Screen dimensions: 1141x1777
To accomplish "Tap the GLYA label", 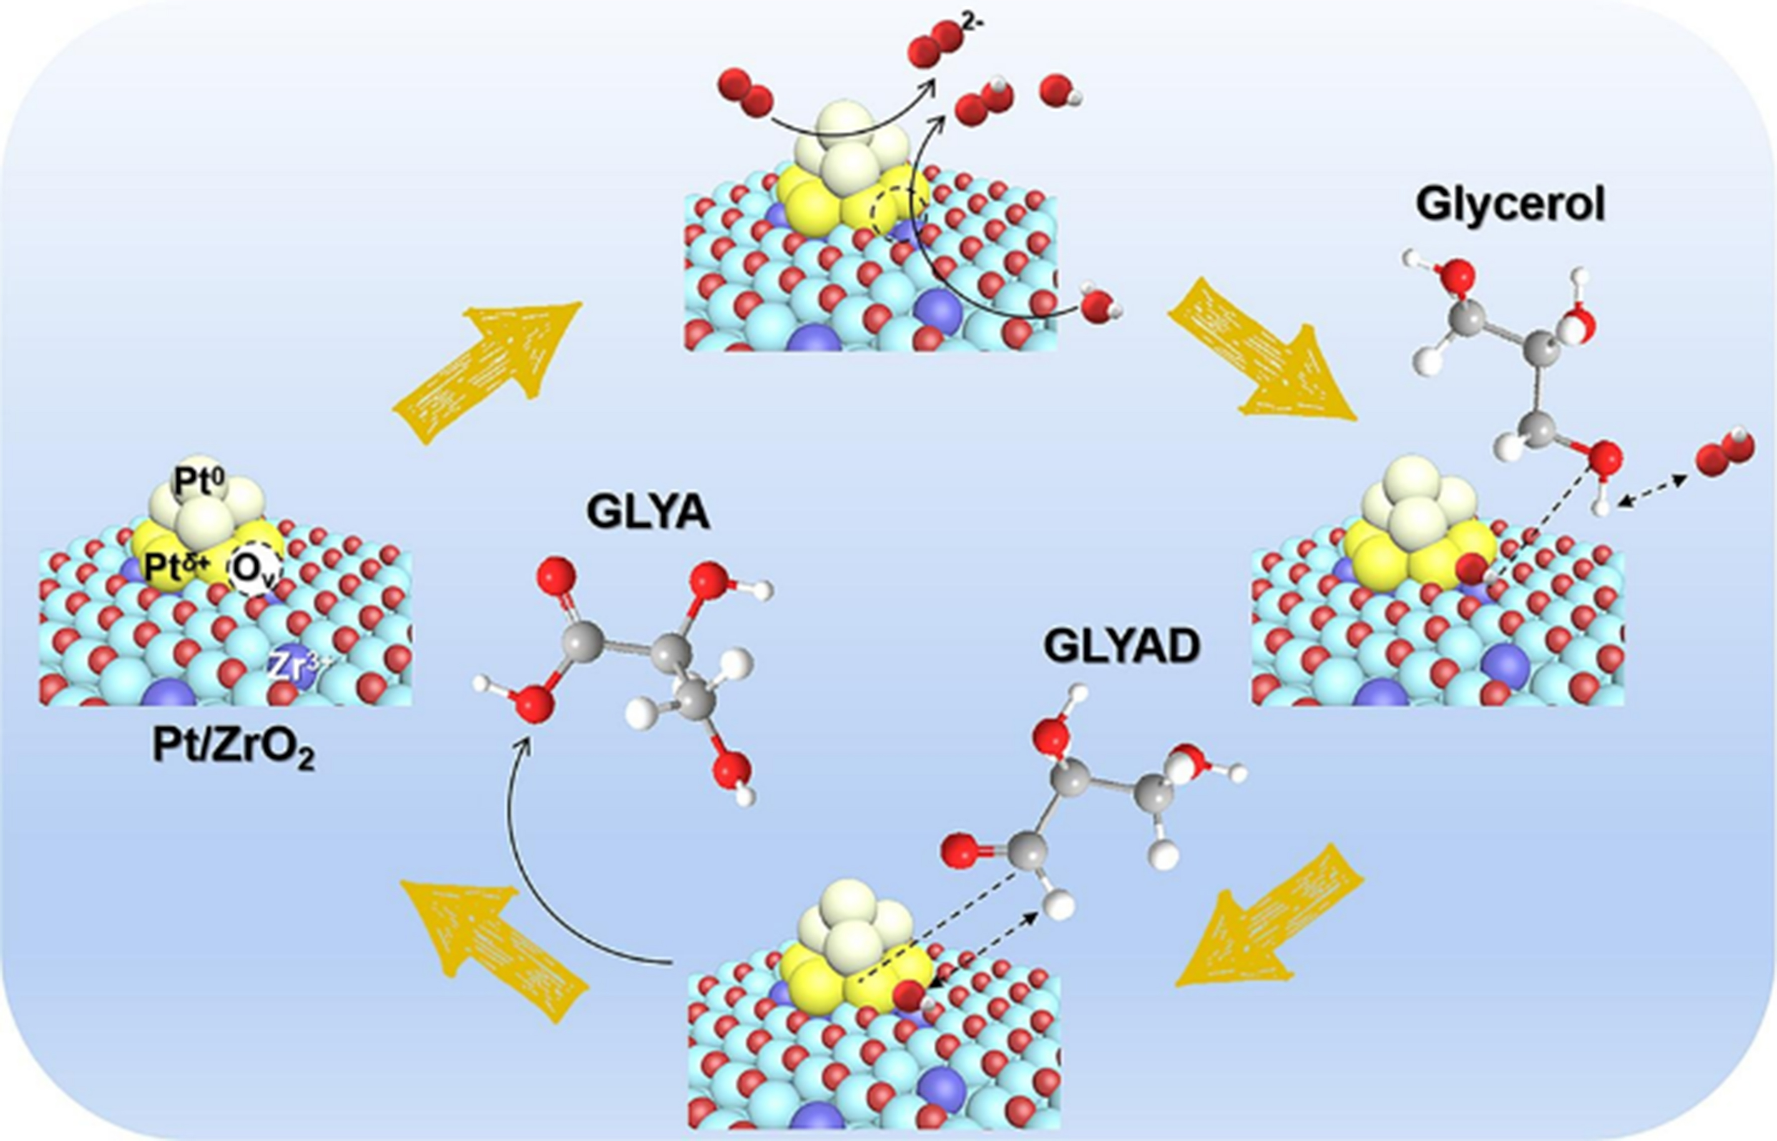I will click(x=648, y=513).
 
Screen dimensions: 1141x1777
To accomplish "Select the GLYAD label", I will click(x=1121, y=647).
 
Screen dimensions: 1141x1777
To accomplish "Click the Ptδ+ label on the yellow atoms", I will click(x=176, y=568).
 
